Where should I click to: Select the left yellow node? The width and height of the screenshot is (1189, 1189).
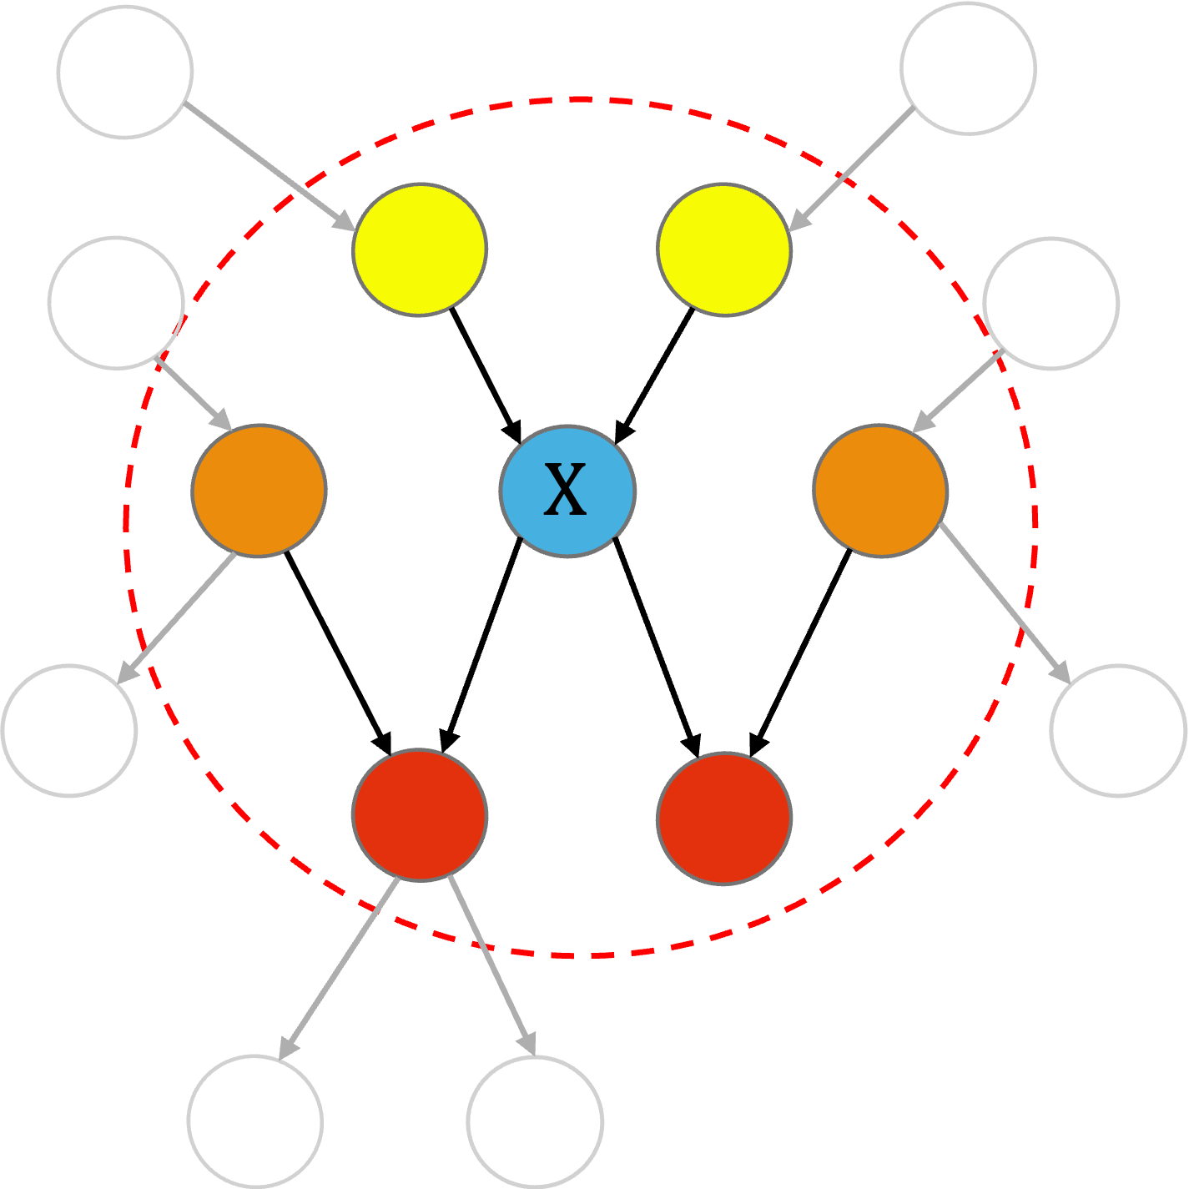[x=420, y=249]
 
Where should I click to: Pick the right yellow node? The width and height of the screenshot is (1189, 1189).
[x=724, y=249]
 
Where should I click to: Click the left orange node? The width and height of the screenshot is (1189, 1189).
[x=259, y=491]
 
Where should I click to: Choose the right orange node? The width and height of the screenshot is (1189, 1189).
[x=880, y=491]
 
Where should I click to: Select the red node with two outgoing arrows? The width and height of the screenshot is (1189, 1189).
[x=420, y=815]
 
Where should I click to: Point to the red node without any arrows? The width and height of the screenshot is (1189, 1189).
[x=724, y=818]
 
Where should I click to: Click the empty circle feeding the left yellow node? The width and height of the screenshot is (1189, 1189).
[x=125, y=72]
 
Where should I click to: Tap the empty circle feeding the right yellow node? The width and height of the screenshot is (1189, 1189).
[x=968, y=68]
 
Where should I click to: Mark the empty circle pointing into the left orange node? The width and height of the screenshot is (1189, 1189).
[x=116, y=302]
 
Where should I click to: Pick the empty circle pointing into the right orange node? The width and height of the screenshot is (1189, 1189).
[x=1050, y=303]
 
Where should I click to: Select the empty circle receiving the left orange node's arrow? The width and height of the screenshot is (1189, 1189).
[x=69, y=730]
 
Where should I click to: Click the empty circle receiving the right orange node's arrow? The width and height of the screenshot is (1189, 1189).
[x=1118, y=730]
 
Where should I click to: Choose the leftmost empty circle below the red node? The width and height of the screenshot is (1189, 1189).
[x=255, y=1121]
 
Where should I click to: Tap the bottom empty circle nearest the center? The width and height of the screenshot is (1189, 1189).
[x=535, y=1121]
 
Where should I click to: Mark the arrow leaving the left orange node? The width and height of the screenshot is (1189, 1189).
[x=178, y=618]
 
